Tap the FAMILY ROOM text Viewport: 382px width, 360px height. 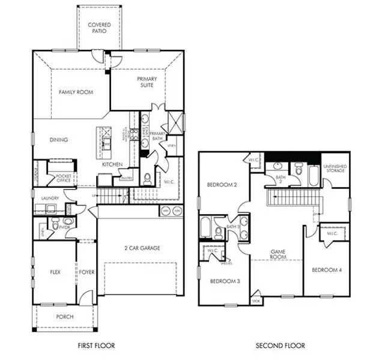pos(74,92)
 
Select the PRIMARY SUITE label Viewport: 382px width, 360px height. pos(147,82)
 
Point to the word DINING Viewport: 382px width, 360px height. pos(59,140)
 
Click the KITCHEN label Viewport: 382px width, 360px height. pos(112,164)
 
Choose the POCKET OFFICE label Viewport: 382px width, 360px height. pos(64,178)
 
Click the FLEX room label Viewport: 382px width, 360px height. pos(55,272)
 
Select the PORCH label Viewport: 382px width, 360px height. pos(64,317)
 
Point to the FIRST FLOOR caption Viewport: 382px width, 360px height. pos(96,346)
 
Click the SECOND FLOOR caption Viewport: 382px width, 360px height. pos(280,346)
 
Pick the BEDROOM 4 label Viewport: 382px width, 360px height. pos(327,270)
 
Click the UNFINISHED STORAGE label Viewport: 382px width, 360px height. pos(335,169)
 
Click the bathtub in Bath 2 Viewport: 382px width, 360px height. pos(314,175)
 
